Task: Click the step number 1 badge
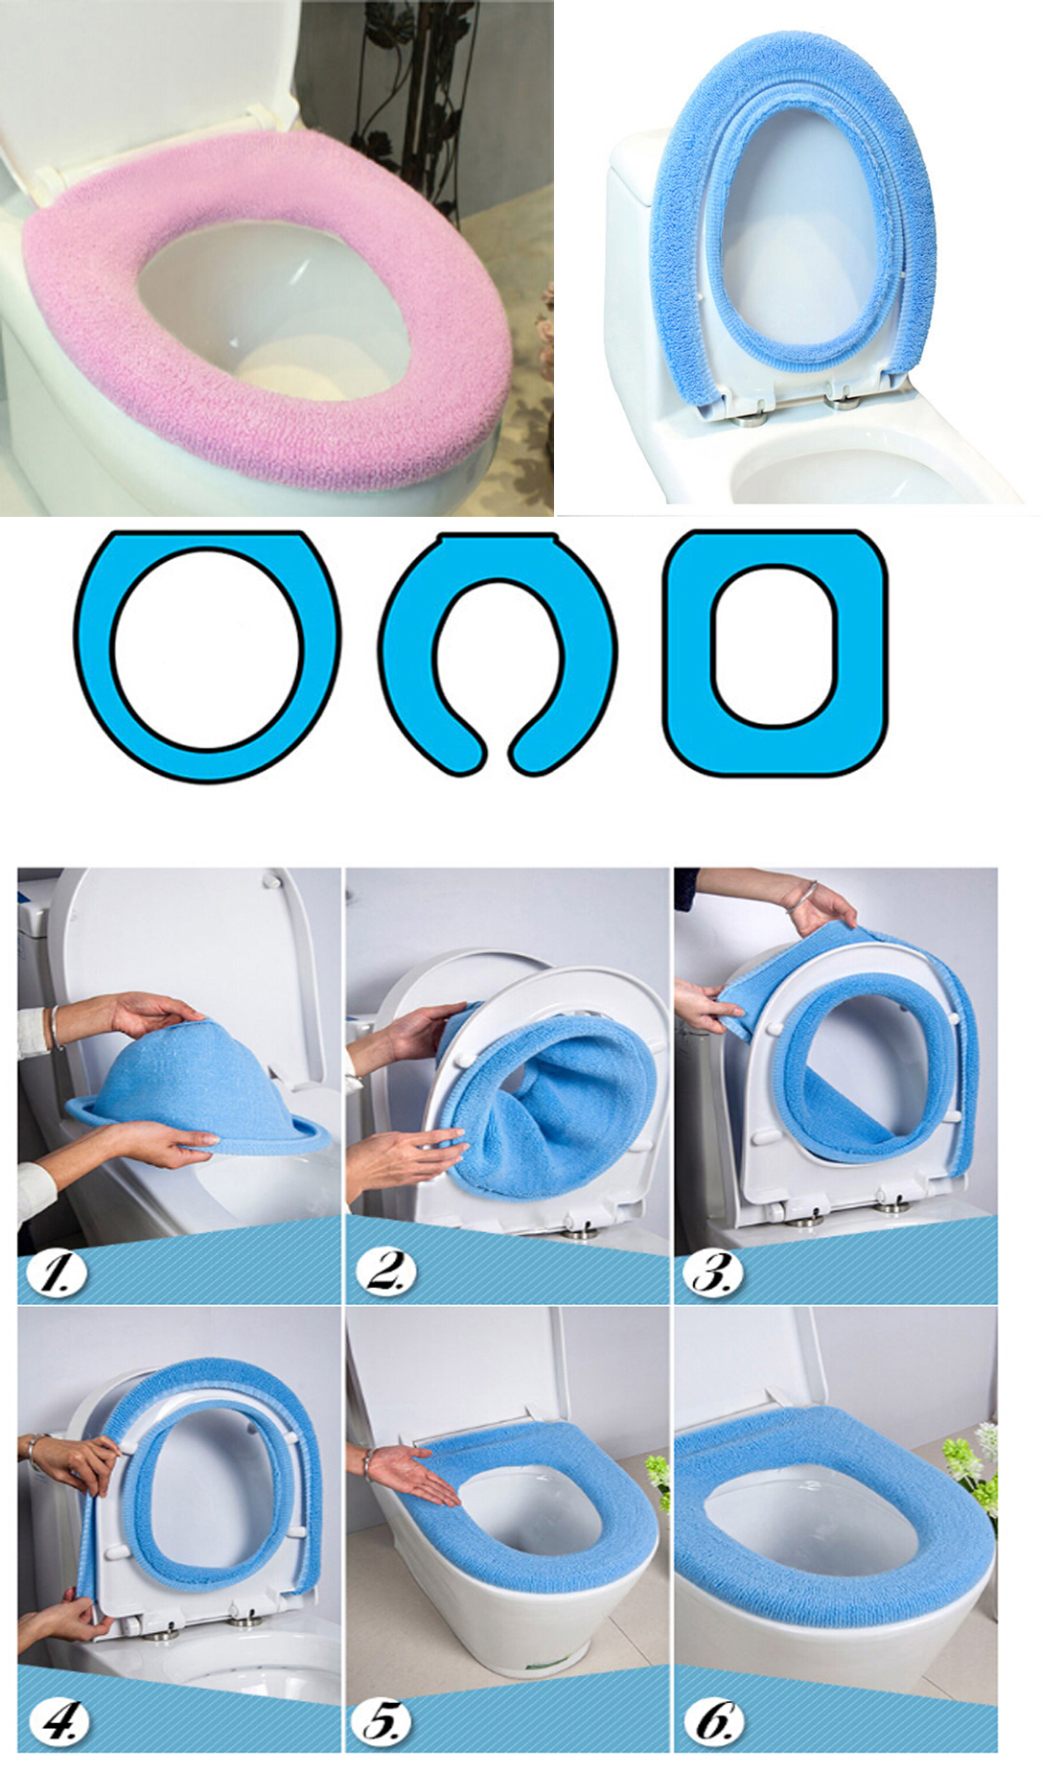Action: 56,1272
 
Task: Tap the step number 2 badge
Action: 385,1272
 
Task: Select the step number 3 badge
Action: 713,1272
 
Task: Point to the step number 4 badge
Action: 58,1721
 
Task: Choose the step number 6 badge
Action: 713,1721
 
